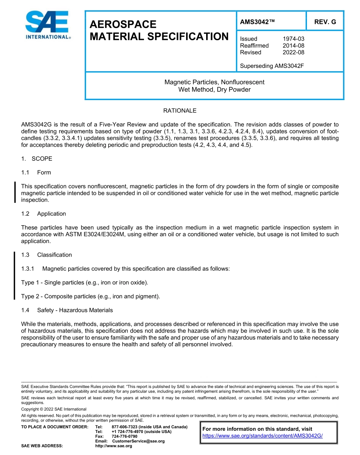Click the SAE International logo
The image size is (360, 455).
point(47,25)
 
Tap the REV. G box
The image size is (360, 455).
point(325,22)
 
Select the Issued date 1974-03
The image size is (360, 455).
point(293,39)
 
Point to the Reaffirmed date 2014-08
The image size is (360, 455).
point(293,45)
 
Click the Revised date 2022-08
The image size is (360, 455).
point(293,52)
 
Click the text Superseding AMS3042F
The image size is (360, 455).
point(272,66)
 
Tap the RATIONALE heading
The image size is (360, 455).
point(180,111)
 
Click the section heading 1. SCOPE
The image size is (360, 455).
point(37,158)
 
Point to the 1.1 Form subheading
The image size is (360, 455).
point(36,173)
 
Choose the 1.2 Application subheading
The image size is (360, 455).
point(44,214)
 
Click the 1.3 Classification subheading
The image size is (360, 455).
point(47,255)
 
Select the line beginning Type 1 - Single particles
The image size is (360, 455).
point(85,282)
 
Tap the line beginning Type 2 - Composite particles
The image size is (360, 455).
point(91,297)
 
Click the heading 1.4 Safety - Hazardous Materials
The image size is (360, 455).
point(67,310)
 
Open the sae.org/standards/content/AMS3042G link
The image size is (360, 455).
point(262,436)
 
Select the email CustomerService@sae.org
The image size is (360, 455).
point(138,441)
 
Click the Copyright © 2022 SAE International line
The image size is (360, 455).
point(54,409)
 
